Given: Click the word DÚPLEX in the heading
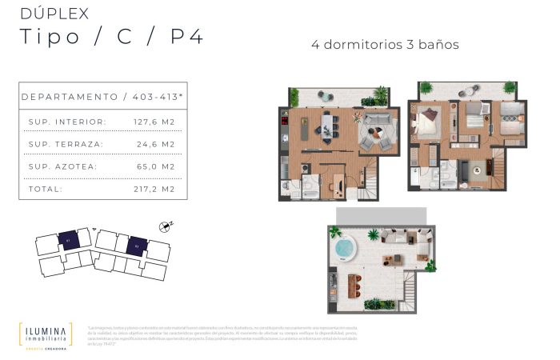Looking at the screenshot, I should [x=54, y=13].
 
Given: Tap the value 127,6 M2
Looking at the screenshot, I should [x=154, y=122].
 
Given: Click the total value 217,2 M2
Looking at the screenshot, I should [x=154, y=189].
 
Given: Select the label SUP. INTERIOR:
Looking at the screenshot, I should [x=67, y=122].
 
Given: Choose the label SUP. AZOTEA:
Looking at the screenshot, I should [x=62, y=166].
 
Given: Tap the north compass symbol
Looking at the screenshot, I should [x=166, y=227].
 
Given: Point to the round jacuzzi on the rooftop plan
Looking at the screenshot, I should [x=344, y=246].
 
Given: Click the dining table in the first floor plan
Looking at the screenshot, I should [x=327, y=124].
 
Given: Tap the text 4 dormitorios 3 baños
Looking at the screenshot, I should [x=385, y=44].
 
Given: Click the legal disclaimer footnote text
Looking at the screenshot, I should [x=313, y=335].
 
